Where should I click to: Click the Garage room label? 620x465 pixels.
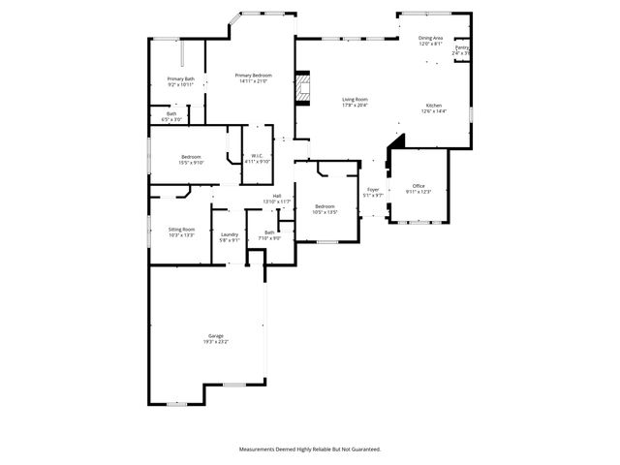(214, 335)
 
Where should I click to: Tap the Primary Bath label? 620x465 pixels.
(180, 78)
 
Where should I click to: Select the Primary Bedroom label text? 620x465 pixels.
(253, 76)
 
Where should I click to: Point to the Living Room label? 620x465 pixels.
(355, 99)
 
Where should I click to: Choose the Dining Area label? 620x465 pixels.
(430, 38)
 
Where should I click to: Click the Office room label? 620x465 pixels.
(418, 185)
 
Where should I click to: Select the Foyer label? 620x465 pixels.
(373, 189)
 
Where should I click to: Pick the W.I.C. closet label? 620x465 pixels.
(257, 155)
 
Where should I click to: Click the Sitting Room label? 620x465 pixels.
(182, 229)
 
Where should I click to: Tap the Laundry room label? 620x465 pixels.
(230, 233)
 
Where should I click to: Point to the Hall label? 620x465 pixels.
(277, 196)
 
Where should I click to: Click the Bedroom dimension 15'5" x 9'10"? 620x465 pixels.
(191, 163)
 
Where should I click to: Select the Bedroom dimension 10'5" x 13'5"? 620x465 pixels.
(325, 211)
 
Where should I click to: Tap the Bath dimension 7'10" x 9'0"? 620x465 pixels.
(269, 237)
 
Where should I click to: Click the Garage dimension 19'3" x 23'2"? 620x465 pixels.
(214, 342)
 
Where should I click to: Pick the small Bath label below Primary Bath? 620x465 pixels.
(171, 113)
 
